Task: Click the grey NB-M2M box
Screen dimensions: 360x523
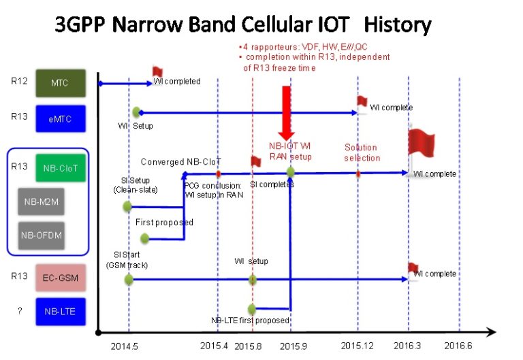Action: point(42,201)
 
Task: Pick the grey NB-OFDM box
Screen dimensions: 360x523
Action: point(42,235)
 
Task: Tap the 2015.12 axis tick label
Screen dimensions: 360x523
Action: point(358,346)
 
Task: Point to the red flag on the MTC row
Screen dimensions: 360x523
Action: point(157,71)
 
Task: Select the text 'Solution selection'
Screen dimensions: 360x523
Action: point(360,152)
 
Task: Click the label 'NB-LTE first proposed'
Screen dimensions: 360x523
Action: point(251,320)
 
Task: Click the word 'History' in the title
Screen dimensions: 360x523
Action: point(398,25)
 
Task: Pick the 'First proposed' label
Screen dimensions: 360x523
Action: point(164,223)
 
